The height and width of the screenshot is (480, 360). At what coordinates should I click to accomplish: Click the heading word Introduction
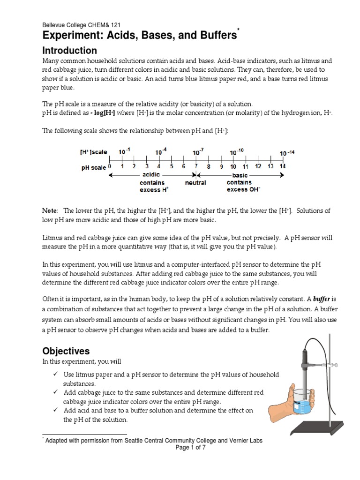[70, 51]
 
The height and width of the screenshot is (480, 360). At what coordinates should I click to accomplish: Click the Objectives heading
[66, 351]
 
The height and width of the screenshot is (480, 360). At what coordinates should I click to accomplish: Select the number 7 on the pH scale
[196, 166]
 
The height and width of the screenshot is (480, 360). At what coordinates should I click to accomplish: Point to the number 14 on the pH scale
[282, 166]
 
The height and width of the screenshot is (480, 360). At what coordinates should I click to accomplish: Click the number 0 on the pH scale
[110, 166]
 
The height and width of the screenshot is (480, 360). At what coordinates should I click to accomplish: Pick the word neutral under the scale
[195, 182]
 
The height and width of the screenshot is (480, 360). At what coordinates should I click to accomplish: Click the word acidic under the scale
[151, 175]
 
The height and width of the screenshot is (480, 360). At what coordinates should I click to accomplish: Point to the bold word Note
[50, 211]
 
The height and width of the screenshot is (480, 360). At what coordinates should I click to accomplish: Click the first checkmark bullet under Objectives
[55, 375]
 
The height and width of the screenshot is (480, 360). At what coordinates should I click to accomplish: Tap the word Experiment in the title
[75, 36]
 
